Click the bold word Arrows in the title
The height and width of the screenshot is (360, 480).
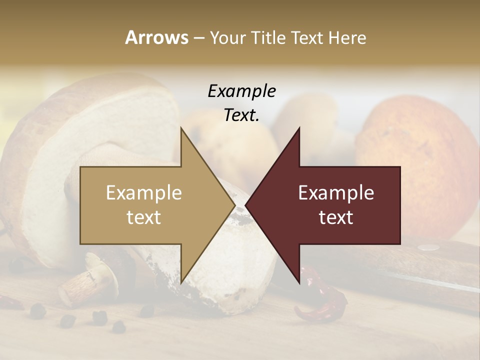point(156,37)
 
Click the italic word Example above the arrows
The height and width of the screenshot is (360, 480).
point(241,91)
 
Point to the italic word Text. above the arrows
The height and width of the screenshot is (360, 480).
point(241,115)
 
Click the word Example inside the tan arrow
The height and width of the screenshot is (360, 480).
point(144,192)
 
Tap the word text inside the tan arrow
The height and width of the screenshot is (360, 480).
point(144,217)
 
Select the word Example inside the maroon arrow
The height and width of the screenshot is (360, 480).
point(336,192)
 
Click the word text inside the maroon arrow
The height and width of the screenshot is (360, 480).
point(336,217)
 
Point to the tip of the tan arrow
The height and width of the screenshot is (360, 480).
point(234,205)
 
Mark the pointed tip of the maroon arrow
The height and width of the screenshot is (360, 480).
point(246,205)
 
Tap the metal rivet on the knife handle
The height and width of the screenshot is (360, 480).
point(428,246)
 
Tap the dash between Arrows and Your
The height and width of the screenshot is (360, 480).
point(198,38)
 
